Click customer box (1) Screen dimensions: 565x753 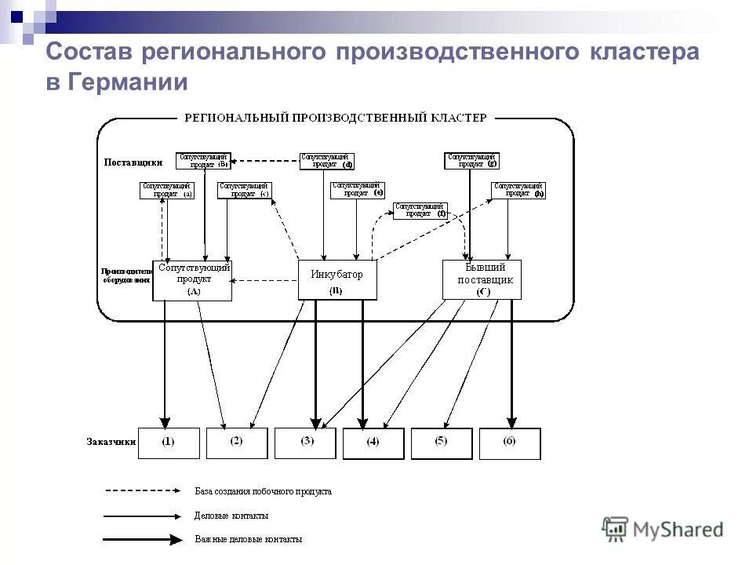pyautogui.click(x=169, y=443)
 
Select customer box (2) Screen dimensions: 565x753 pyautogui.click(x=236, y=443)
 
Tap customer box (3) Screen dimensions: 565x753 pyautogui.click(x=305, y=443)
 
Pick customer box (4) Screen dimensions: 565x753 pyautogui.click(x=373, y=443)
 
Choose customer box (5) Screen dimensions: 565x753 pyautogui.click(x=442, y=443)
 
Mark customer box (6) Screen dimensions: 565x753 pyautogui.click(x=510, y=443)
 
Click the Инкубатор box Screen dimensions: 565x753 pyautogui.click(x=337, y=280)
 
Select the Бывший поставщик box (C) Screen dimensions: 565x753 pyautogui.click(x=482, y=280)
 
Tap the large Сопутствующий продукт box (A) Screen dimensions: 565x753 pyautogui.click(x=192, y=280)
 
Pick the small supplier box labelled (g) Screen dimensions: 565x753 pyautogui.click(x=471, y=161)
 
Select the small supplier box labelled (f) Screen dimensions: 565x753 pyautogui.click(x=420, y=210)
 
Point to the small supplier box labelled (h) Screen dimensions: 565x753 pyautogui.click(x=518, y=190)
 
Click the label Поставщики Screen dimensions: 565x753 pyautogui.click(x=133, y=162)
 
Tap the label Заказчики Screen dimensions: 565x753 pyautogui.click(x=111, y=442)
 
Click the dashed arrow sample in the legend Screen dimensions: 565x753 pyautogui.click(x=143, y=491)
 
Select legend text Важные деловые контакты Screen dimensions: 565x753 pyautogui.click(x=248, y=540)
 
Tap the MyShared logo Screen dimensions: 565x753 pyautogui.click(x=663, y=530)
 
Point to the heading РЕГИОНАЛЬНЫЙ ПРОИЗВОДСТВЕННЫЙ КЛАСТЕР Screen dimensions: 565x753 pyautogui.click(x=335, y=118)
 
